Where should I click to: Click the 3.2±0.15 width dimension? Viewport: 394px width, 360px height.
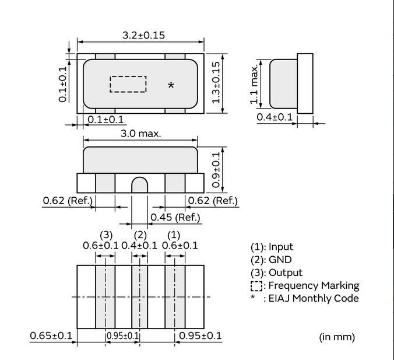(144, 35)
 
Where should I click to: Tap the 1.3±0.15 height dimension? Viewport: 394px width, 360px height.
(216, 82)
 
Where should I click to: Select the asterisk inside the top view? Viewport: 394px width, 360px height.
(171, 86)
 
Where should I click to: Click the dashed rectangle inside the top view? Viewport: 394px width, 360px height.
(128, 84)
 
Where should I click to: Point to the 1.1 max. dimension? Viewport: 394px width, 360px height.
(254, 84)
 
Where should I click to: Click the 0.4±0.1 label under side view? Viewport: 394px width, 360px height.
(275, 117)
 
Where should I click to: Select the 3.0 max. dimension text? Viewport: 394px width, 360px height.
(140, 134)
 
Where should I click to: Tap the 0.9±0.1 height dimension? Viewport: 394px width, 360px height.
(216, 170)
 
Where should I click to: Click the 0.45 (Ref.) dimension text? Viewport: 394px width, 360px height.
(175, 217)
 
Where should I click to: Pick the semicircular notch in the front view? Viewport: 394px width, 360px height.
(140, 184)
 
